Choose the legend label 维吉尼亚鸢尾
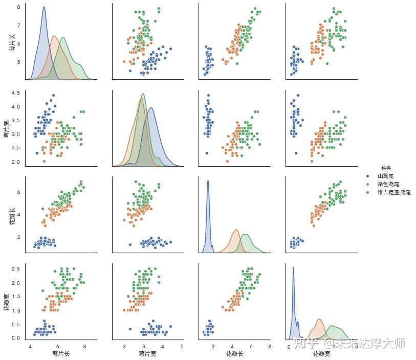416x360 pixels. point(394,192)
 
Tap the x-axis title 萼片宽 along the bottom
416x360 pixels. point(147,354)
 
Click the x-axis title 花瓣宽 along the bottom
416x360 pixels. point(321,354)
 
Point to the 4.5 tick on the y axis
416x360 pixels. point(15,93)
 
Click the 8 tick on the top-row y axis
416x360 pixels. point(18,7)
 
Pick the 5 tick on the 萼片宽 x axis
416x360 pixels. point(182,346)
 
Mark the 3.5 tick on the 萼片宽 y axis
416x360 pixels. point(15,121)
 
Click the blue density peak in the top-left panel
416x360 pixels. point(43,7)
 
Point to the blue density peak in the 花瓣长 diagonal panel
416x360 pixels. point(208,181)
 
